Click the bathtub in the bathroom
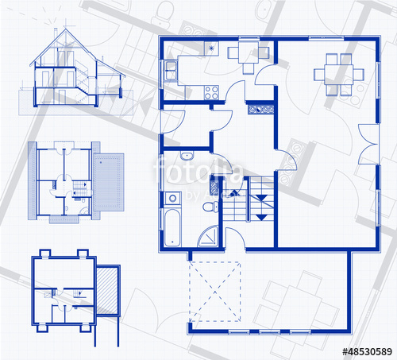pyautogui.click(x=172, y=226)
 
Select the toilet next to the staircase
pyautogui.click(x=209, y=207)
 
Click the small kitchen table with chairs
pyautogui.click(x=242, y=52)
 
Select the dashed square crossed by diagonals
pyautogui.click(x=214, y=290)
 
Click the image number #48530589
pyautogui.click(x=366, y=350)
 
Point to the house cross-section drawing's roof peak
pyautogui.click(x=59, y=29)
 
